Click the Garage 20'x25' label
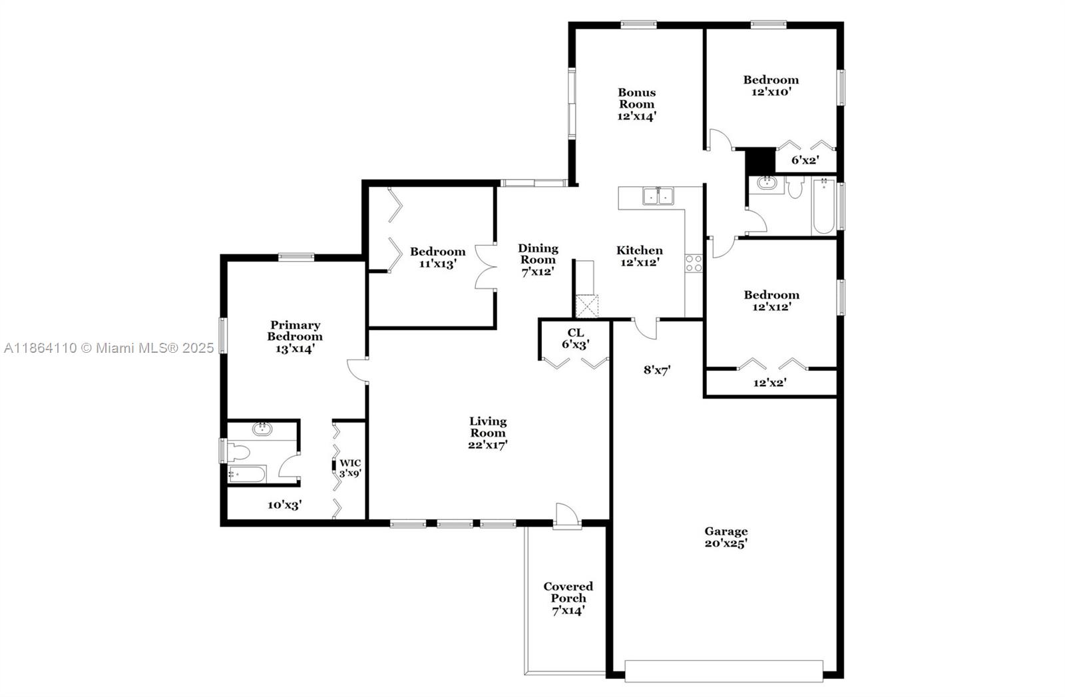(726, 537)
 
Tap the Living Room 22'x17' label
(488, 433)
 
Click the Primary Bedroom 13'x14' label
(295, 337)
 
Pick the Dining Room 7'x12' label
(538, 260)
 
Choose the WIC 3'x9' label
(350, 468)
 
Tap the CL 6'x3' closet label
(575, 339)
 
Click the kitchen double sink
(658, 196)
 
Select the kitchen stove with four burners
(694, 264)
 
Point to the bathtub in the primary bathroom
(247, 474)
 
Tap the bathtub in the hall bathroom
(823, 206)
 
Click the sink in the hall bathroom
(766, 182)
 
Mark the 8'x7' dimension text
(657, 370)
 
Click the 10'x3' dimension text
(284, 505)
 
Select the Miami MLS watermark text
(109, 349)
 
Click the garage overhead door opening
(724, 671)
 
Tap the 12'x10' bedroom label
(771, 86)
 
